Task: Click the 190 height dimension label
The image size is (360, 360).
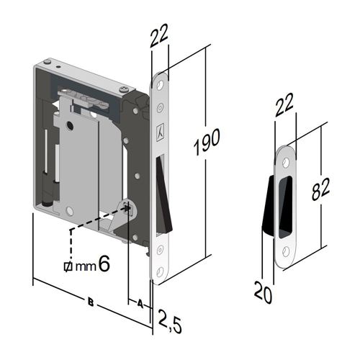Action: (x=207, y=142)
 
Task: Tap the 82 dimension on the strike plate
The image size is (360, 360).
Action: (x=320, y=189)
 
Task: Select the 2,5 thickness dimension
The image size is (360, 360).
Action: (x=170, y=321)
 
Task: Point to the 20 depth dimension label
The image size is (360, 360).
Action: (x=263, y=292)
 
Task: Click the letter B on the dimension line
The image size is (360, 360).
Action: (x=91, y=302)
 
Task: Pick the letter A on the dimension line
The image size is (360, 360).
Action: (x=140, y=304)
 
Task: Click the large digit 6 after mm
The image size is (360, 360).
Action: (x=104, y=264)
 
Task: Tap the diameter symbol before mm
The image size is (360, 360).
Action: (x=68, y=266)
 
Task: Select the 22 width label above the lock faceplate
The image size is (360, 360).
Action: (x=158, y=35)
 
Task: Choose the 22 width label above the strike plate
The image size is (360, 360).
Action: (x=284, y=105)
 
